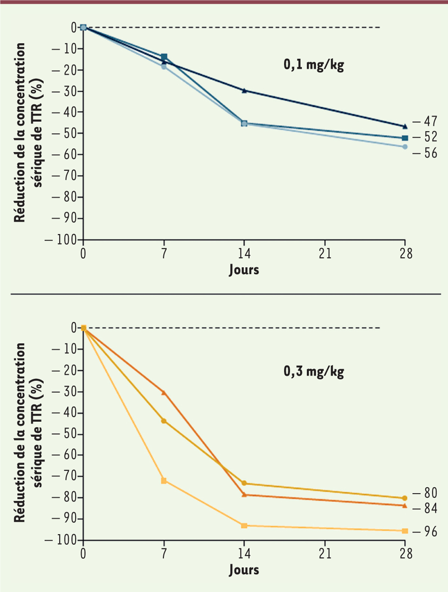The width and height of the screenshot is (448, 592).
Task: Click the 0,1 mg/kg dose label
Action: (x=314, y=65)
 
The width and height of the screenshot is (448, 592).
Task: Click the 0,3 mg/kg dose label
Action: (x=314, y=372)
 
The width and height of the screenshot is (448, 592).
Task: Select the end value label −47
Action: (x=425, y=121)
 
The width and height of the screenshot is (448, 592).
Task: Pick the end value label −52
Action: (x=425, y=137)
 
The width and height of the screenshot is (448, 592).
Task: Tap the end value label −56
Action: (x=425, y=153)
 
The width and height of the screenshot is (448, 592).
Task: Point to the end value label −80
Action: (x=425, y=493)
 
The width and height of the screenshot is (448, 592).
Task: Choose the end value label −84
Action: (x=425, y=508)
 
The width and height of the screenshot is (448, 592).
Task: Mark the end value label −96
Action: (x=425, y=531)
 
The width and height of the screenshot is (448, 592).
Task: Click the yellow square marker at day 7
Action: (x=164, y=481)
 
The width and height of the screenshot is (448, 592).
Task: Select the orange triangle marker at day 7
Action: (x=164, y=393)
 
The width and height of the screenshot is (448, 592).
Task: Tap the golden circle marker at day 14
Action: (x=244, y=483)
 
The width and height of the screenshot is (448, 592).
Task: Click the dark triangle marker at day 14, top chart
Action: (x=244, y=90)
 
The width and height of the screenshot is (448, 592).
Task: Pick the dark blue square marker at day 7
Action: (x=164, y=57)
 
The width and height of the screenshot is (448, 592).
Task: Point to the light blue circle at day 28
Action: (x=405, y=147)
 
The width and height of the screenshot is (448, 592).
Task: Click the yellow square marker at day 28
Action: (x=405, y=531)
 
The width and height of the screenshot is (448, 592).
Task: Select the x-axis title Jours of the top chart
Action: (x=244, y=270)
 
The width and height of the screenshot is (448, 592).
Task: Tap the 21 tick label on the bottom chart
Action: (x=325, y=554)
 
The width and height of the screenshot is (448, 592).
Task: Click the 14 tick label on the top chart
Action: (x=244, y=254)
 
